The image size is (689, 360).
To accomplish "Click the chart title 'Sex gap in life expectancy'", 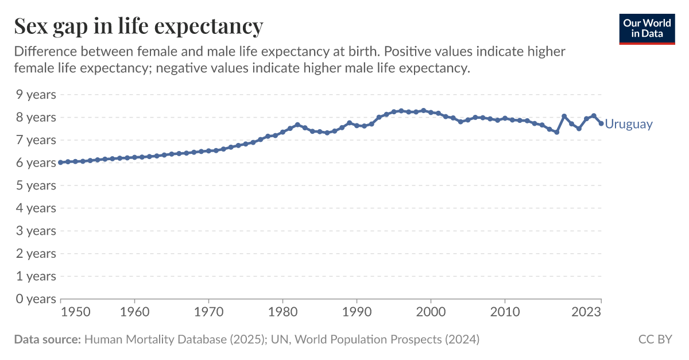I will pyautogui.click(x=138, y=26).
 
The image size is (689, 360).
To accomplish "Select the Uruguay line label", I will pyautogui.click(x=629, y=124).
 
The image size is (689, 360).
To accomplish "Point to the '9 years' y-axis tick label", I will pyautogui.click(x=35, y=94).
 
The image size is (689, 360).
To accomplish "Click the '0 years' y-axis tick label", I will pyautogui.click(x=35, y=299).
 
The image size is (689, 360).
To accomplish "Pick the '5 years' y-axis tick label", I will pyautogui.click(x=35, y=185).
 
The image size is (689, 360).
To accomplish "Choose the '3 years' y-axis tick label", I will pyautogui.click(x=35, y=230).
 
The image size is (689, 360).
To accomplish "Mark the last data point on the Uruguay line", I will pyautogui.click(x=601, y=123).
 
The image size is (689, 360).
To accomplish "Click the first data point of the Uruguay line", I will pyautogui.click(x=61, y=162).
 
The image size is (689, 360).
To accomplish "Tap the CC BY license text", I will pyautogui.click(x=655, y=339).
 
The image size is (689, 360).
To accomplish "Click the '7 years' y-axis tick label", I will pyautogui.click(x=35, y=140).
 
